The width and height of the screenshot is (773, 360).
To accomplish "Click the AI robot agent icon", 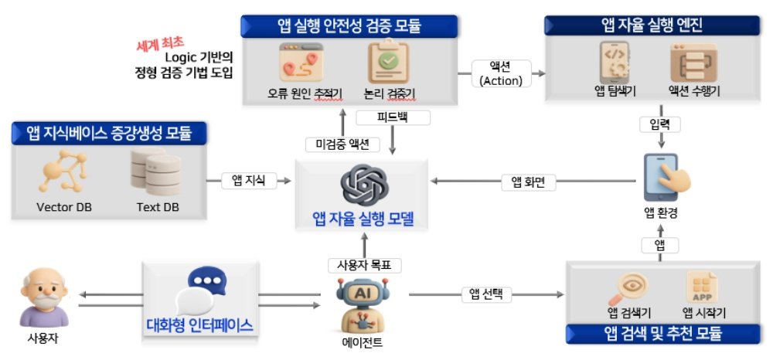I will pos(359,304).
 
